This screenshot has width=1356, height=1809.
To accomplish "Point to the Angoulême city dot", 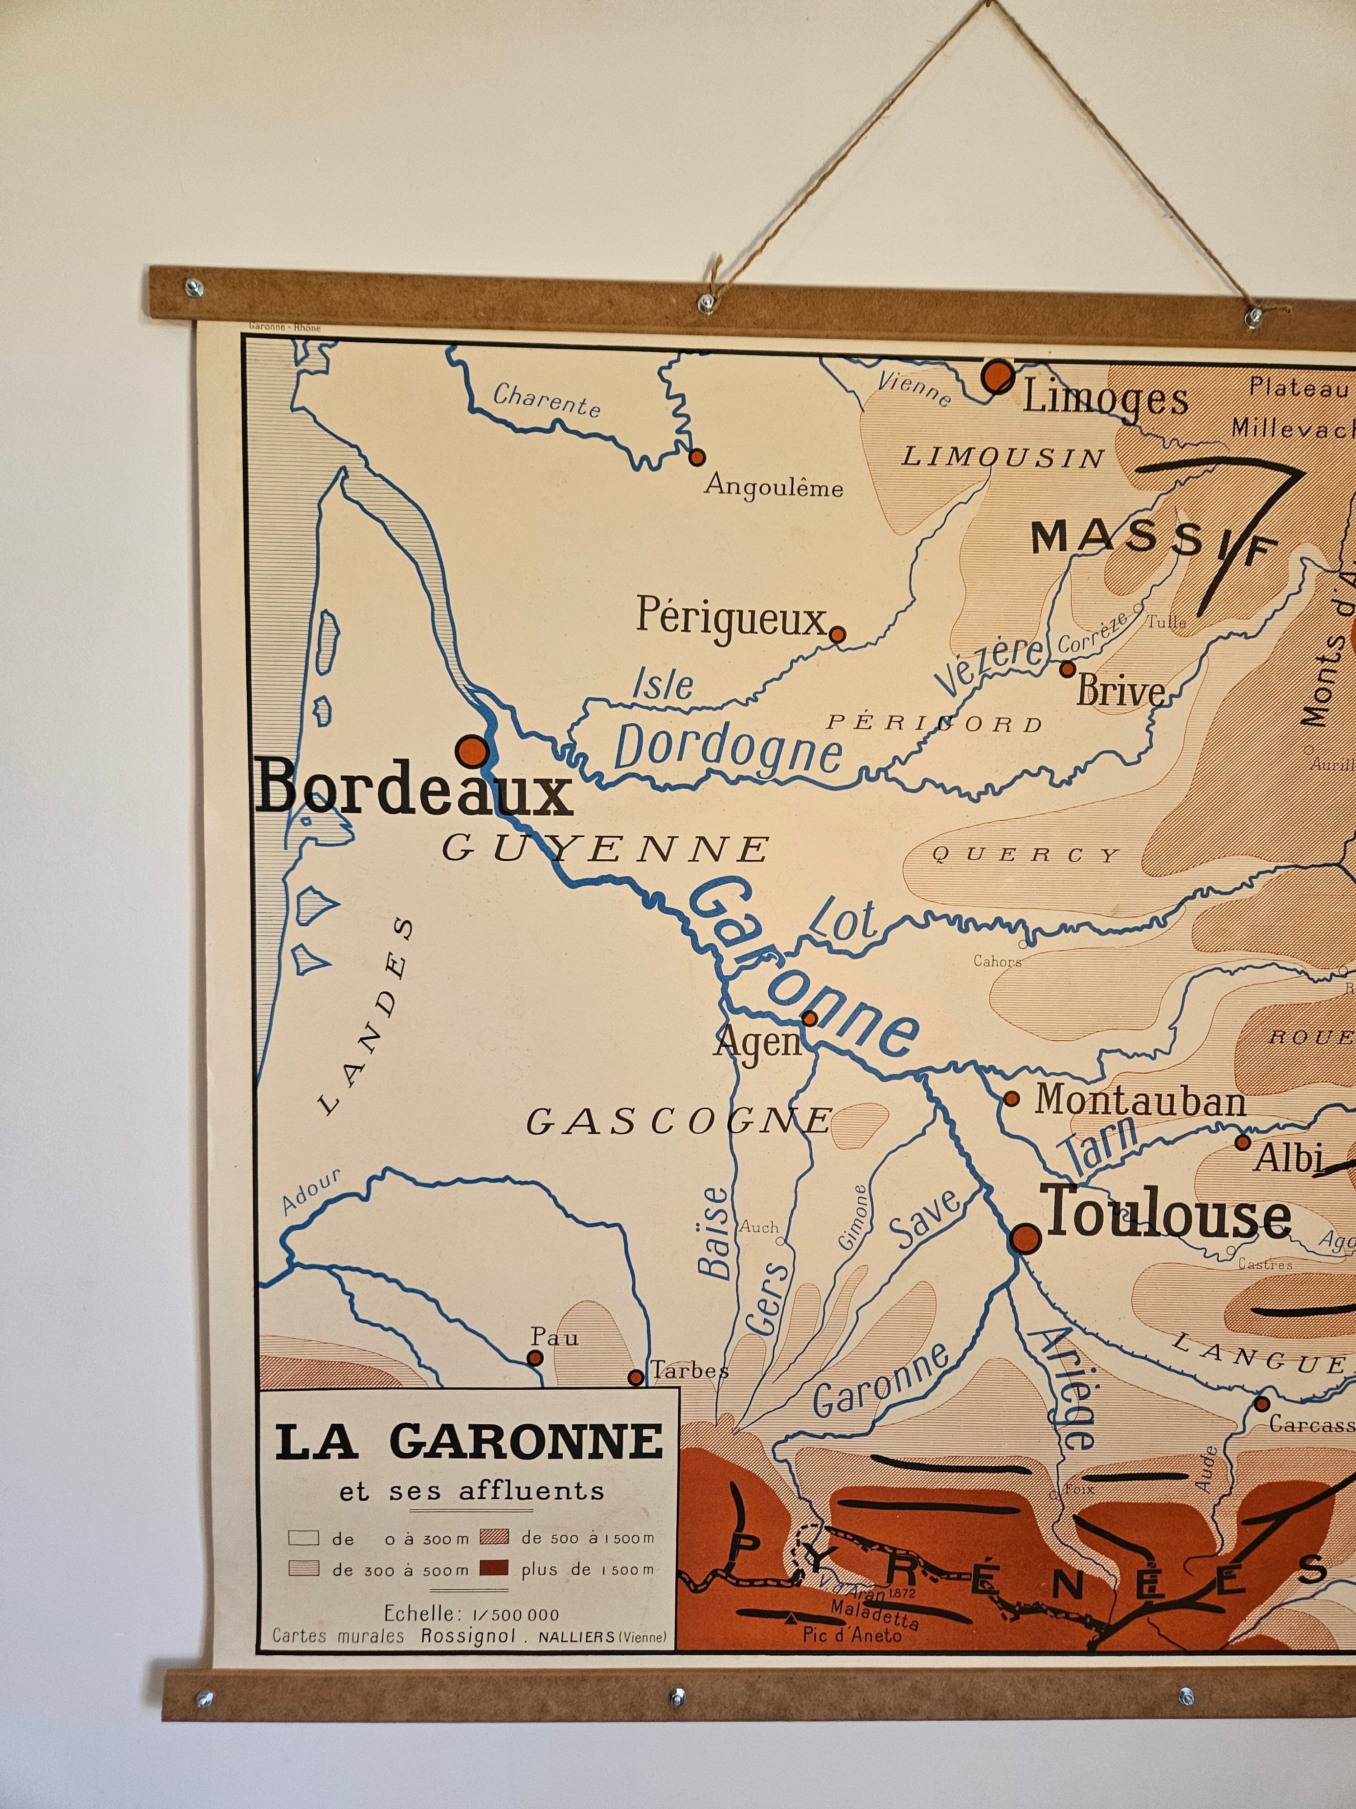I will pos(697,457).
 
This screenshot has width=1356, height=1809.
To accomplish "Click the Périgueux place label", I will pos(731,618).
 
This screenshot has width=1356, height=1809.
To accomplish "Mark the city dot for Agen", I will pos(809,1018).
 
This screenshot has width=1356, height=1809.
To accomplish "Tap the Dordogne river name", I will pos(727,748).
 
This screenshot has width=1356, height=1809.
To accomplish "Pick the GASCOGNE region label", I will pos(678,1122).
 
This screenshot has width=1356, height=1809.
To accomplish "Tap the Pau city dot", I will pos(535,1358).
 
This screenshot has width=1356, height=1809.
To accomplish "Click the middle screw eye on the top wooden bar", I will pos(705,306).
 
